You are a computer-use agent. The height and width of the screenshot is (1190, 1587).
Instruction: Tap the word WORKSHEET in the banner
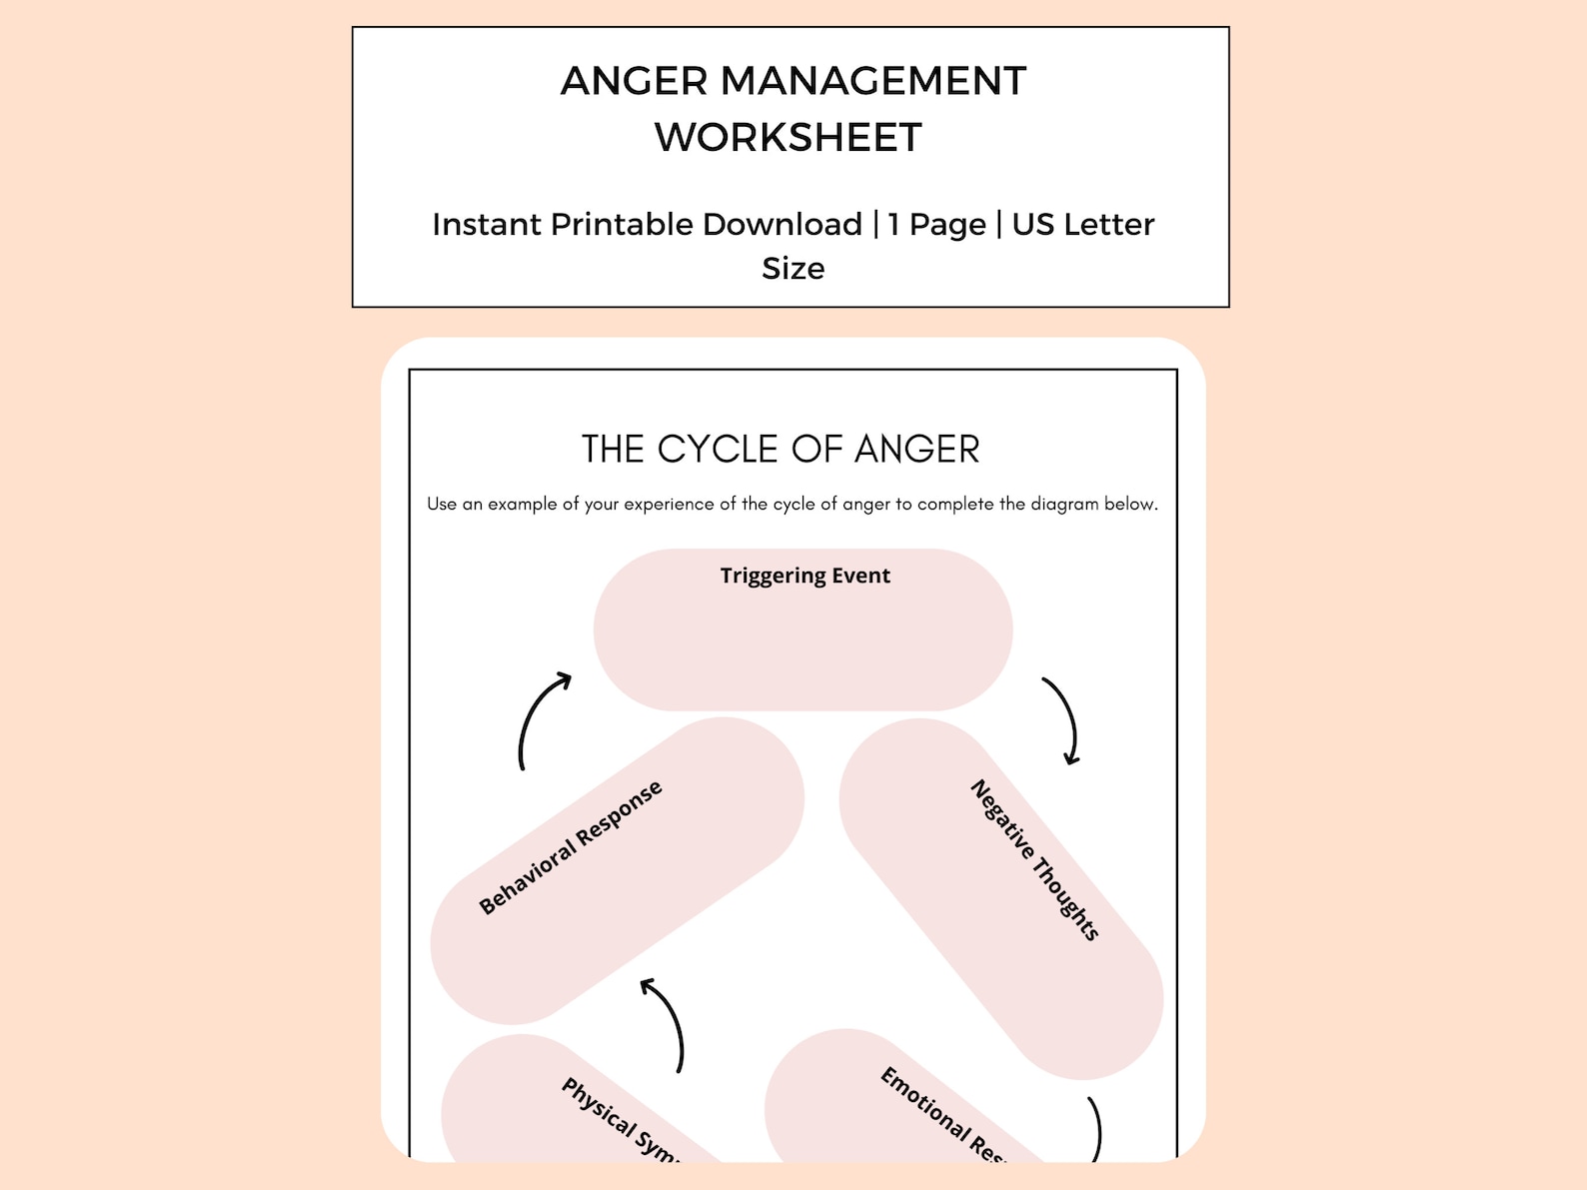point(789,138)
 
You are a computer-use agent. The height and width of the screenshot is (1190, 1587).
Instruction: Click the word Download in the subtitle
point(782,225)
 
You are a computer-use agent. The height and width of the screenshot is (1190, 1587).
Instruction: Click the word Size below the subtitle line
point(793,269)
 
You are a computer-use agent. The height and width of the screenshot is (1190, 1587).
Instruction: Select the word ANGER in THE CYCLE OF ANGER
point(917,450)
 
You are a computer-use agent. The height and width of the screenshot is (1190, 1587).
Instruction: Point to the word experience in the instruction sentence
point(672,505)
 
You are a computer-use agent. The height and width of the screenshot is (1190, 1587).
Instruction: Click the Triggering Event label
point(804,576)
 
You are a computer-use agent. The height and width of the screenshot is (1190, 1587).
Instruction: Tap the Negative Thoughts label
point(1034,859)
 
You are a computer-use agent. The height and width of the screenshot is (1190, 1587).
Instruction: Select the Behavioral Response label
point(571,847)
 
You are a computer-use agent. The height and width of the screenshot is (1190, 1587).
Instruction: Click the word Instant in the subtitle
point(487,225)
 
